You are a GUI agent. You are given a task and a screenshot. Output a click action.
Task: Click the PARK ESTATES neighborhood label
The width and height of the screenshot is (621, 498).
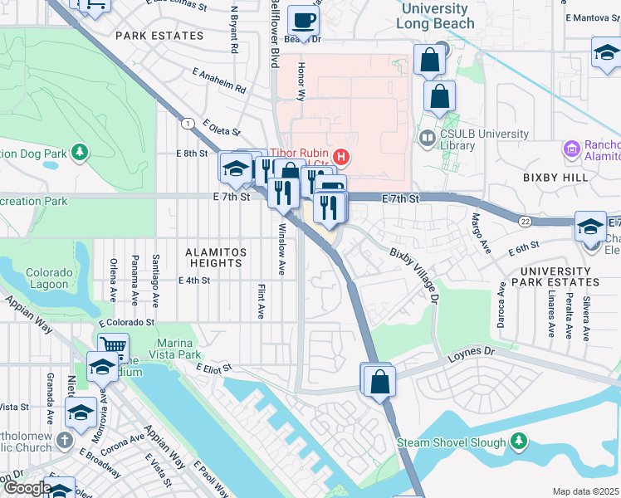[x=159, y=36]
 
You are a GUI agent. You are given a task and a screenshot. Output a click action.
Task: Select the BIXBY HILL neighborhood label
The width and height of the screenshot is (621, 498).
[x=555, y=178]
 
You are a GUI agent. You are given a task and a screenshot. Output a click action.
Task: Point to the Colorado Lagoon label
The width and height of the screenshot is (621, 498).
[x=46, y=279]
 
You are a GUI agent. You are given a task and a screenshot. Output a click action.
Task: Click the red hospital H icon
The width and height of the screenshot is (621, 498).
[x=339, y=156]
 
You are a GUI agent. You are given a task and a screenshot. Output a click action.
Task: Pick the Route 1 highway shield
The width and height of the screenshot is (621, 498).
[x=190, y=123]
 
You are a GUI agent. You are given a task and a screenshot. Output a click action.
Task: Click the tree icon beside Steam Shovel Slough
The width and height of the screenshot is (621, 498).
[x=519, y=439]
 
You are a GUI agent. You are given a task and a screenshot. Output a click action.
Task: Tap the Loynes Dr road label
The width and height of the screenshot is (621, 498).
[x=472, y=353]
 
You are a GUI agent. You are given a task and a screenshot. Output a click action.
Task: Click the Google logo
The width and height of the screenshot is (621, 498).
[x=27, y=488]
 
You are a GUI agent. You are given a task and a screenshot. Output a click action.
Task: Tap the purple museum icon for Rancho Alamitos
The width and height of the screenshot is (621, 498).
[x=570, y=149]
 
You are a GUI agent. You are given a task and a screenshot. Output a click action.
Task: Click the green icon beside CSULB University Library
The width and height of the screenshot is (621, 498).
[x=428, y=137]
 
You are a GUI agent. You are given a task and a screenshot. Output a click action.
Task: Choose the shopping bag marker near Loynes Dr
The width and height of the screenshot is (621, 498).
[x=379, y=381]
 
